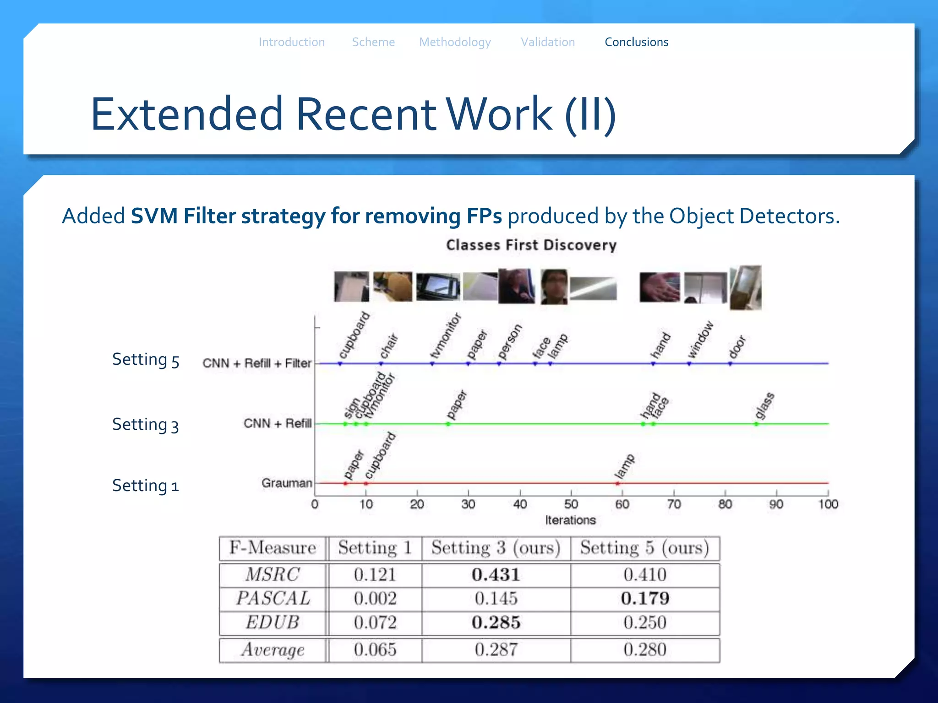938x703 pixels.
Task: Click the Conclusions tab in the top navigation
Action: (x=636, y=42)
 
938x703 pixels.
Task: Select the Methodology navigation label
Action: (x=455, y=42)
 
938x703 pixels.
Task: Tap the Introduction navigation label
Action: (x=292, y=42)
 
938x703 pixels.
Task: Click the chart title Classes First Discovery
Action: (x=531, y=245)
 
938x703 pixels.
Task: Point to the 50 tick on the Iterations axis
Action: (x=571, y=504)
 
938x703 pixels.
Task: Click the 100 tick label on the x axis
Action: (x=828, y=504)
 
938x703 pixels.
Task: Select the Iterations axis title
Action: (x=570, y=520)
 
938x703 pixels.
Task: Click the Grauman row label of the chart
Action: (x=287, y=483)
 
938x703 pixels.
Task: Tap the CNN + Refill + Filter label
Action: (x=257, y=363)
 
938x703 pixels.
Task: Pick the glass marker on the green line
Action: (x=756, y=424)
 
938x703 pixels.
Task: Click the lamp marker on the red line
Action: (x=617, y=483)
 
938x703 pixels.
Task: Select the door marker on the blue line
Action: (x=730, y=364)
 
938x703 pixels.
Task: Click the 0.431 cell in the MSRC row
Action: (x=496, y=575)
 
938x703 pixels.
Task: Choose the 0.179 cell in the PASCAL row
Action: (x=645, y=599)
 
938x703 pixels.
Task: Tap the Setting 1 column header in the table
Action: (x=375, y=548)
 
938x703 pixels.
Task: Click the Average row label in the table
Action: (x=273, y=649)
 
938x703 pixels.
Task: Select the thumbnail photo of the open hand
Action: (x=660, y=287)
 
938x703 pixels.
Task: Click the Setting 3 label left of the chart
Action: (x=145, y=425)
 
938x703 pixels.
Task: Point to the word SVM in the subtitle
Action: (x=154, y=216)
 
